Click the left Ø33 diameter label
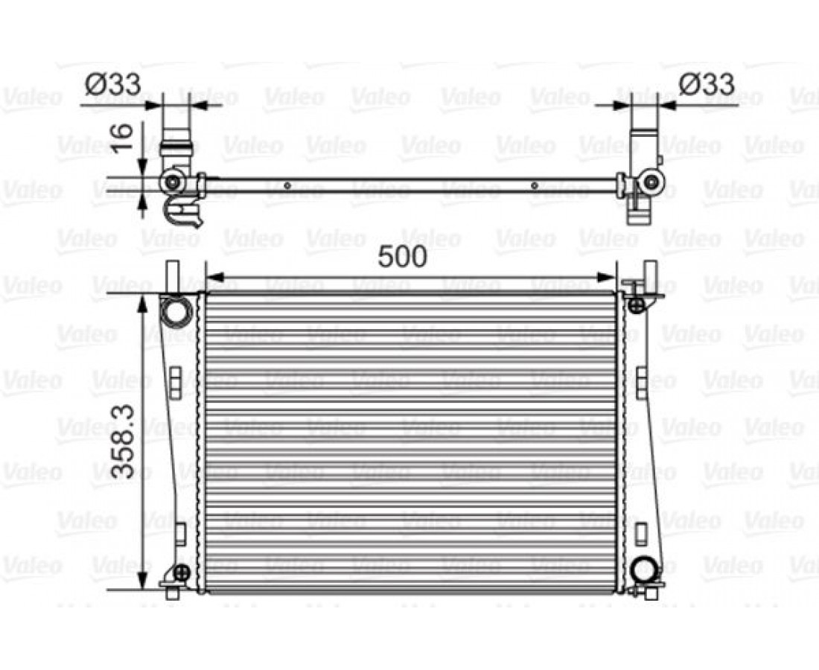[x=113, y=83]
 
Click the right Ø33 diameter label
[x=707, y=83]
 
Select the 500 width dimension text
[x=402, y=256]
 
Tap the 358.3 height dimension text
[x=124, y=441]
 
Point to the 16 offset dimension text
[x=124, y=137]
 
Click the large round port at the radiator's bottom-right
[x=646, y=569]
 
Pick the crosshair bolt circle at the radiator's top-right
[x=635, y=305]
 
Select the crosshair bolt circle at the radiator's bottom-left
[x=181, y=573]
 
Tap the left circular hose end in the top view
[x=173, y=182]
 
